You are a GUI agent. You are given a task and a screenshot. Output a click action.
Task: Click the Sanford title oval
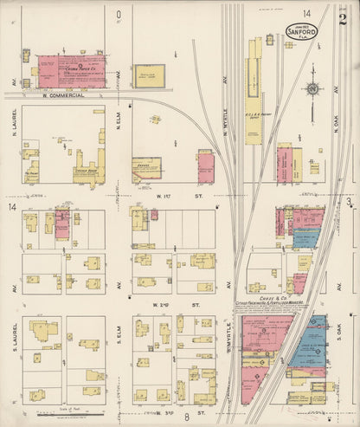[300, 29]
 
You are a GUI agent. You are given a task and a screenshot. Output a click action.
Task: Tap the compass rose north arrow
[311, 90]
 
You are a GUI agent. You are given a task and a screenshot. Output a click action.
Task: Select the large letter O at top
[119, 14]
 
